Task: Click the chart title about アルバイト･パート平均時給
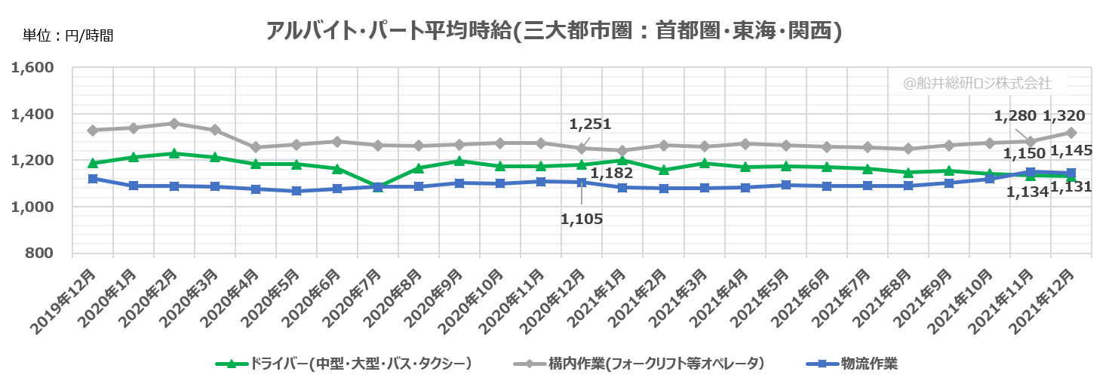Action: [554, 31]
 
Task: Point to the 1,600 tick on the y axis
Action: [33, 68]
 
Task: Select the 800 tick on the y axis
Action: [39, 253]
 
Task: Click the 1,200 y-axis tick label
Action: [33, 161]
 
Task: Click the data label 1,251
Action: [590, 124]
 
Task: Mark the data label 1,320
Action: [1064, 116]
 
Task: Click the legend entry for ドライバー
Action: [344, 364]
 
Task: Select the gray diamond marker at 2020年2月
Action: [174, 124]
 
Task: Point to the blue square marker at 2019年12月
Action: [93, 179]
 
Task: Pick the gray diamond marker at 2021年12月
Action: [1071, 133]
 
